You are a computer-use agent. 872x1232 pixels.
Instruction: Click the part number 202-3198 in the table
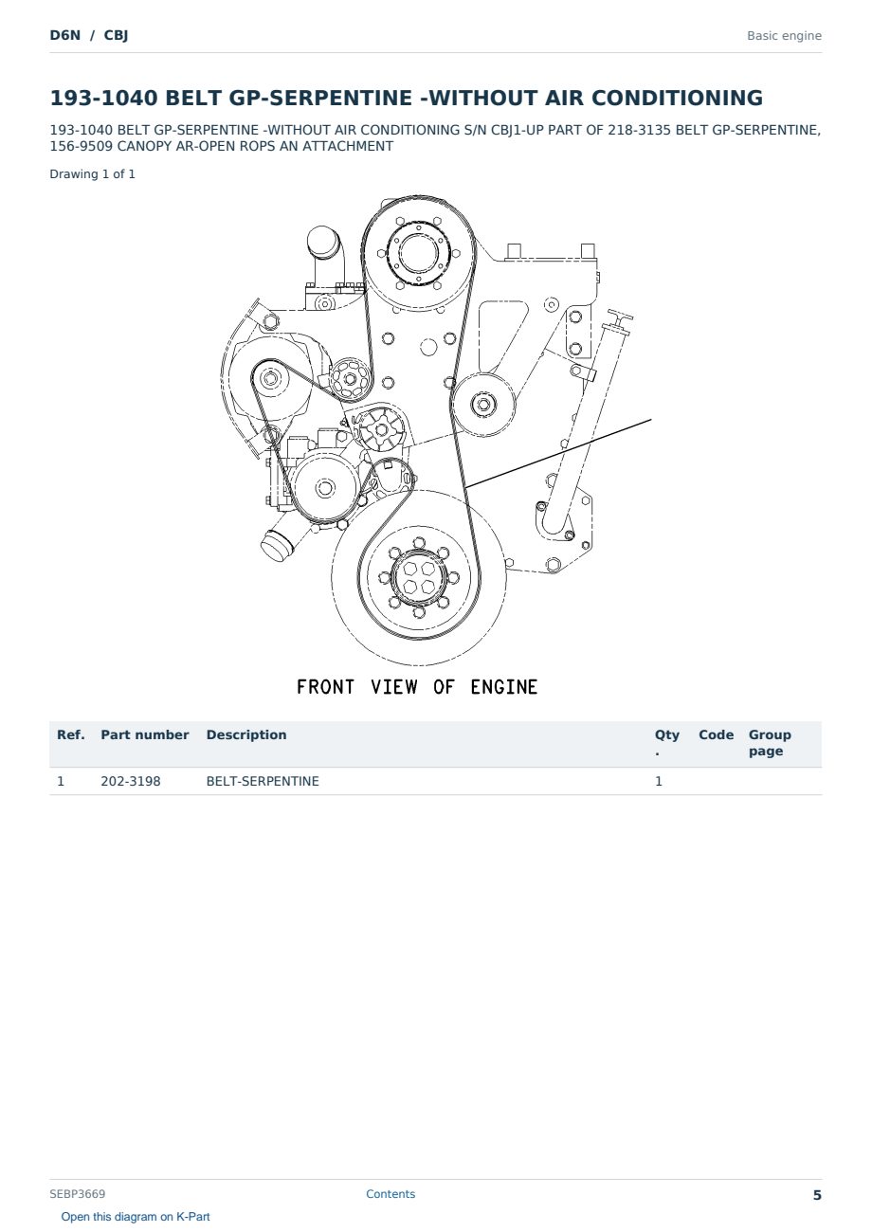(x=131, y=781)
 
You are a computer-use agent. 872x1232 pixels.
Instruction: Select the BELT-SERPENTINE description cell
(x=263, y=781)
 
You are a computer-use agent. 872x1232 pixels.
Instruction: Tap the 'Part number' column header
(x=145, y=734)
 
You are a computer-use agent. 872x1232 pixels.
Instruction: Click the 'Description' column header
(x=246, y=734)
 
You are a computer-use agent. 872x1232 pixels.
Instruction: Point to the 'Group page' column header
(x=770, y=743)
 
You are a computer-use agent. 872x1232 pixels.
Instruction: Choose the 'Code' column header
(x=716, y=734)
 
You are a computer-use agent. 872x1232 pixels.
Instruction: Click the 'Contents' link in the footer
(x=391, y=1194)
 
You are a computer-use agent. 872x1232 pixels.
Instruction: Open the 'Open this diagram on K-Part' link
(x=136, y=1217)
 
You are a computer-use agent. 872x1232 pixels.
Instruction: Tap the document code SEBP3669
(x=78, y=1194)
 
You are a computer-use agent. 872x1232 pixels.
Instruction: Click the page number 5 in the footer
(x=817, y=1195)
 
